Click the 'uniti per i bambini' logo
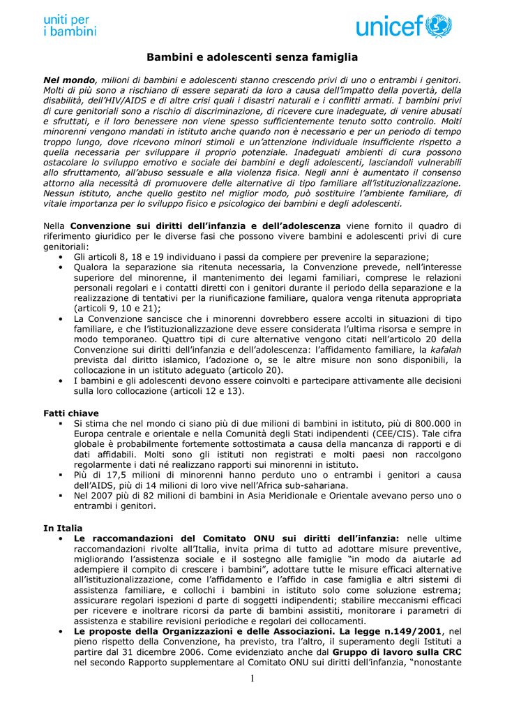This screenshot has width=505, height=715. click(70, 25)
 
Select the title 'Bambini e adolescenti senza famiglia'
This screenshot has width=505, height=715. click(252, 57)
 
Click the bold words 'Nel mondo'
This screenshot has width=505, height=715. click(68, 80)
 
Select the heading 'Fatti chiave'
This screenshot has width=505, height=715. click(71, 413)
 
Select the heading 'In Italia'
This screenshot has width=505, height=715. click(63, 528)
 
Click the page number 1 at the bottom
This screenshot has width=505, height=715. click(252, 679)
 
